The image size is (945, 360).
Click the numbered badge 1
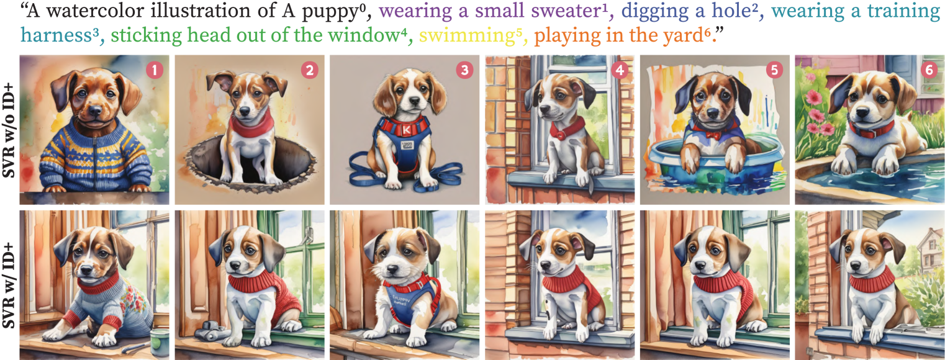point(155,70)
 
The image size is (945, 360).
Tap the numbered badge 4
point(619,70)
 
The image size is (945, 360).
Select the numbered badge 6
point(929,70)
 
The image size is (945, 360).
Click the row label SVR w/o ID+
point(9,130)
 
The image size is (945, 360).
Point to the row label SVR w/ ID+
point(9,286)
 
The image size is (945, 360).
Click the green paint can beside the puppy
point(160,341)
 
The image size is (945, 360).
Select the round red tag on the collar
point(560,136)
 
